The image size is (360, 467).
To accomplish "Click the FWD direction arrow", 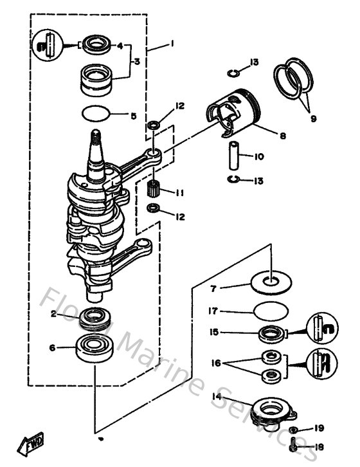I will [30, 444].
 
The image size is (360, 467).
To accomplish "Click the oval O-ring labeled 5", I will [95, 116].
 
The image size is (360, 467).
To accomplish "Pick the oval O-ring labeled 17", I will [269, 310].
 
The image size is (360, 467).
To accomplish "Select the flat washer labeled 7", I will [273, 280].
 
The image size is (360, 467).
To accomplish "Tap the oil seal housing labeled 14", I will [271, 410].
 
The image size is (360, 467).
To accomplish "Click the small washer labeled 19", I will [293, 429].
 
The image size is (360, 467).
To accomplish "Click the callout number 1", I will [172, 46].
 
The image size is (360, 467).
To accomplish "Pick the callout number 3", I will [136, 61].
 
